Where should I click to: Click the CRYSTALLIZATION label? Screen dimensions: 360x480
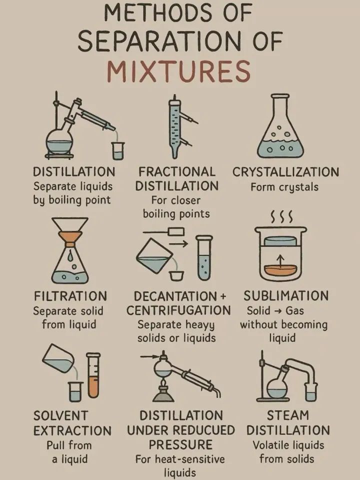coord(285,172)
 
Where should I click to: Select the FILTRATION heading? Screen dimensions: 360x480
coord(70,296)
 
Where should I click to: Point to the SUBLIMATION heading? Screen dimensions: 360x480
coord(286,296)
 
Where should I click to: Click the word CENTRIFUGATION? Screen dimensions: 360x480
coord(179,310)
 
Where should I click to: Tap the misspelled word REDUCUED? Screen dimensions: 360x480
coord(204,430)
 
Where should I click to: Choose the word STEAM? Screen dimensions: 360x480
coord(288,415)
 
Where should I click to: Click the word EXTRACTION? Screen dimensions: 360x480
coord(72,430)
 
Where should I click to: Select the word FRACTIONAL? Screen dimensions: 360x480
coord(177,171)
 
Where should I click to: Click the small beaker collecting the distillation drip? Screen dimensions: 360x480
coord(117,150)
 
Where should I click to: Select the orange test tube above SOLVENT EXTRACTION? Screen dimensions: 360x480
coord(93,375)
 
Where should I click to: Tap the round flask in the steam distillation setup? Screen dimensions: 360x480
coord(277,386)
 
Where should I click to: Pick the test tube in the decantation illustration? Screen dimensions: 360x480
coord(204,258)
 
